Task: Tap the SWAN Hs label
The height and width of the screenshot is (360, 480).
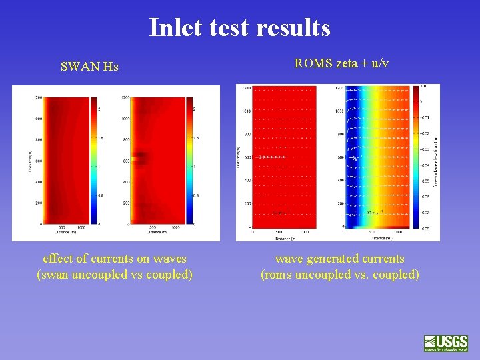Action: (x=89, y=67)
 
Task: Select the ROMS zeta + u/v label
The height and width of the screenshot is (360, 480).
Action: (x=341, y=64)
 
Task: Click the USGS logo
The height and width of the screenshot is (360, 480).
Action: (x=445, y=343)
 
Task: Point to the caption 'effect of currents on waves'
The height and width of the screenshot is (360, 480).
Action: (x=114, y=259)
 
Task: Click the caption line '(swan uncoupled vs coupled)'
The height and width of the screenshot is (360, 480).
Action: (x=114, y=275)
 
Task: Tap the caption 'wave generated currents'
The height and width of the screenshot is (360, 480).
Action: (x=339, y=259)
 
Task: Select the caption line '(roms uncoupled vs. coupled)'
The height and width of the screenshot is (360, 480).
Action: (x=339, y=275)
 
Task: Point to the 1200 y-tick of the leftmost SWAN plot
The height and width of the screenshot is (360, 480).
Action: (x=37, y=98)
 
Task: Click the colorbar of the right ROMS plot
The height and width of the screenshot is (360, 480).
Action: (x=417, y=157)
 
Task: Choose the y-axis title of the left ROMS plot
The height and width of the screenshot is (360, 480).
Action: (x=239, y=157)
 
